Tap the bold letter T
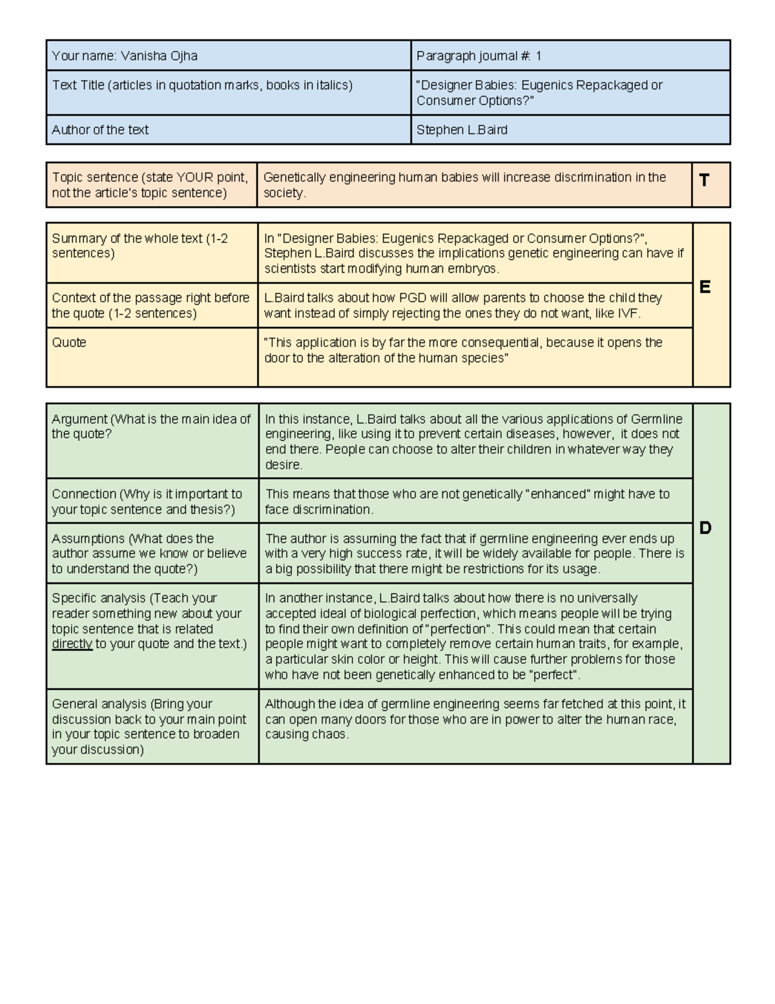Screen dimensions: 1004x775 [704, 180]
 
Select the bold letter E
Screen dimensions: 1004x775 [705, 287]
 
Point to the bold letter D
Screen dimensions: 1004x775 [705, 528]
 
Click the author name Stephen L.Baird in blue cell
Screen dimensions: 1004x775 [462, 130]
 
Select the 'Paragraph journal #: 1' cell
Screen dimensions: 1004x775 [479, 56]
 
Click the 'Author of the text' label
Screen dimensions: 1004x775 [100, 130]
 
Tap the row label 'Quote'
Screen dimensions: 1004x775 [69, 343]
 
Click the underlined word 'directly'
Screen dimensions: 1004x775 [72, 644]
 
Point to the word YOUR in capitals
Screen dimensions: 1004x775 [196, 178]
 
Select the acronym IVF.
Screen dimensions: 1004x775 [628, 314]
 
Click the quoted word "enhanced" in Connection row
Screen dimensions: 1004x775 [559, 495]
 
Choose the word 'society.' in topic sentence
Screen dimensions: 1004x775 [285, 193]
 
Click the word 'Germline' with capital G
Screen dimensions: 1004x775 [657, 419]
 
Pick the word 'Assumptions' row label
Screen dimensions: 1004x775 [88, 539]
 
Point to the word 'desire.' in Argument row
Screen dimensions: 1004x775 [284, 465]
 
